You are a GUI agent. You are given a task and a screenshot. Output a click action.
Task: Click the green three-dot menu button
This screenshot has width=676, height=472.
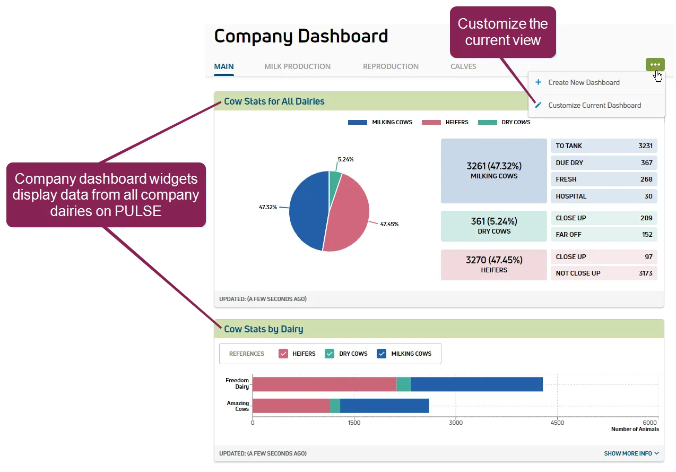[655, 64]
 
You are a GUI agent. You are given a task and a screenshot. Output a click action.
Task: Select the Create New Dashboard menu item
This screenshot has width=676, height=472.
[584, 82]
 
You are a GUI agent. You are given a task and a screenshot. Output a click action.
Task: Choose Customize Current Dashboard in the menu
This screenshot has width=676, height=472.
[594, 106]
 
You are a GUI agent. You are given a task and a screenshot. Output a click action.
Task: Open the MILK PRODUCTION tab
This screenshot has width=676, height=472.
[297, 66]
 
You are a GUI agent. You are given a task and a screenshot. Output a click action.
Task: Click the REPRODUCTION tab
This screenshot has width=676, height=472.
[391, 66]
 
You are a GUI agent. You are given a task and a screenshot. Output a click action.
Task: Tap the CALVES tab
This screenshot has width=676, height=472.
[463, 66]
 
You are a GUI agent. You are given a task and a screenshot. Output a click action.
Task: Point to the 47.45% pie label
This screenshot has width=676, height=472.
[389, 224]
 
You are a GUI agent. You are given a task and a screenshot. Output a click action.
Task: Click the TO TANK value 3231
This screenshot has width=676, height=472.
[645, 146]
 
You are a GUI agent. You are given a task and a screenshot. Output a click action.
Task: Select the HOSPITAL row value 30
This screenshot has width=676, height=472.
[648, 196]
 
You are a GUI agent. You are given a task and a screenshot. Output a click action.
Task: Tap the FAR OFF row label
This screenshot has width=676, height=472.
[568, 234]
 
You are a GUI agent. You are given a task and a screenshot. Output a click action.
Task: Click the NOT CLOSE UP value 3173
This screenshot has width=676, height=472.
[646, 273]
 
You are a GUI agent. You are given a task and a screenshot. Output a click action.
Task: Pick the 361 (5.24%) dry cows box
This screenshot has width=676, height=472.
[493, 226]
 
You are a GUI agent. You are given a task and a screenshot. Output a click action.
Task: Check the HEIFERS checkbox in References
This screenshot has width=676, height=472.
[283, 354]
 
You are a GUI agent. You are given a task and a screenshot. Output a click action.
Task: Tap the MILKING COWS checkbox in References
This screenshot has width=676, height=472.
[382, 354]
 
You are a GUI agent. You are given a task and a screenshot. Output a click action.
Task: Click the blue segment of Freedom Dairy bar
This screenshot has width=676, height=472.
[477, 384]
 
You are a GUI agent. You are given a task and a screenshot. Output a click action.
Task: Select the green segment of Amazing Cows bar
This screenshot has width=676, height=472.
[335, 406]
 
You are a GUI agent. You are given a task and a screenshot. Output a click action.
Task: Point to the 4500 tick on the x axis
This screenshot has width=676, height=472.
[557, 423]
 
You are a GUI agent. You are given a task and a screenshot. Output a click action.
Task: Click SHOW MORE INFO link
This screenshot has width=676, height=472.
[631, 453]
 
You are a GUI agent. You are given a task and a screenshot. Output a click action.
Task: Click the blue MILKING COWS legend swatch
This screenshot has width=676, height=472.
[357, 122]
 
